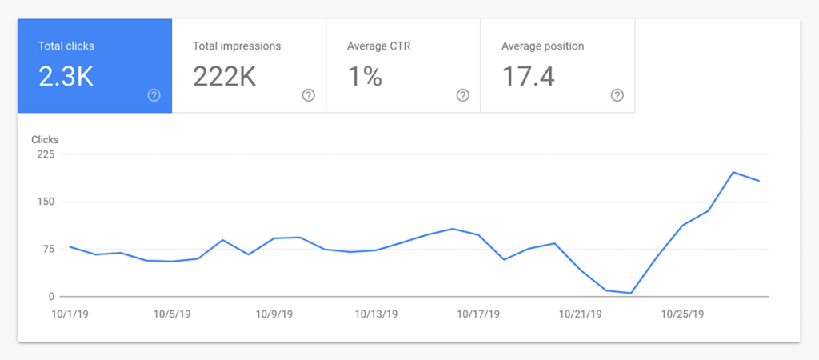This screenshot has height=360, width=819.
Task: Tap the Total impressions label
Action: (237, 46)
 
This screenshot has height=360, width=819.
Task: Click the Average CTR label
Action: (379, 46)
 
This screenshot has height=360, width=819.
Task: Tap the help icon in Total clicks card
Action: (154, 95)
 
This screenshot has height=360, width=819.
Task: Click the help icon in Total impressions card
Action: (309, 95)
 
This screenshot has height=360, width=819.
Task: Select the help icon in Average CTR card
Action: (463, 95)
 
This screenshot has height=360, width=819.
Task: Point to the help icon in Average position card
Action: (617, 95)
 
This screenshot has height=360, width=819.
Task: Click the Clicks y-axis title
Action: (45, 140)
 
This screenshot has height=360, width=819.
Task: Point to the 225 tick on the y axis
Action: (45, 154)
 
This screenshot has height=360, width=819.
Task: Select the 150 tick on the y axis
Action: (45, 202)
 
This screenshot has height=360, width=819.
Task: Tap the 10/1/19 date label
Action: (70, 314)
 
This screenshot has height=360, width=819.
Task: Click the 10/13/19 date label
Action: (376, 314)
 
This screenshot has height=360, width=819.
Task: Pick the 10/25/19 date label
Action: (682, 314)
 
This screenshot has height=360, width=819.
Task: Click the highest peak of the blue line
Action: (733, 172)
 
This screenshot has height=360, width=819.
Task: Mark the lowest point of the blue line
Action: (631, 293)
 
